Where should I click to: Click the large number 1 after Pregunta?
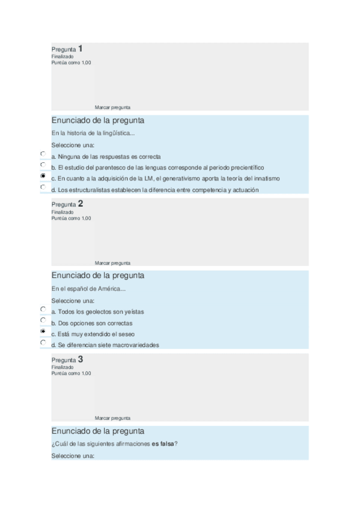81,49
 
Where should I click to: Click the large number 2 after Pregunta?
81,204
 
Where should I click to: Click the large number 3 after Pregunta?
81,359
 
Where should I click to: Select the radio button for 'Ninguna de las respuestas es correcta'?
43,154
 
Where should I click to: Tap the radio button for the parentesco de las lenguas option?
43,165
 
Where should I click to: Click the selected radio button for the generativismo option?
43,176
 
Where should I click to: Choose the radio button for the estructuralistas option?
43,188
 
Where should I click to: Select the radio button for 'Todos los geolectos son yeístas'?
43,309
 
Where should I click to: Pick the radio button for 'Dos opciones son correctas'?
43,320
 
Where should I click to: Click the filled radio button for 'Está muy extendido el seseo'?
43,331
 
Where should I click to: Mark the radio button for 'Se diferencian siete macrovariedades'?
43,343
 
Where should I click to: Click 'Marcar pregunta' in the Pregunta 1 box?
112,108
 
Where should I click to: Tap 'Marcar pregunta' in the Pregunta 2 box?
112,263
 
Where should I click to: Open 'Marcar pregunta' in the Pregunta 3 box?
112,418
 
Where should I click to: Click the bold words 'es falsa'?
163,444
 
